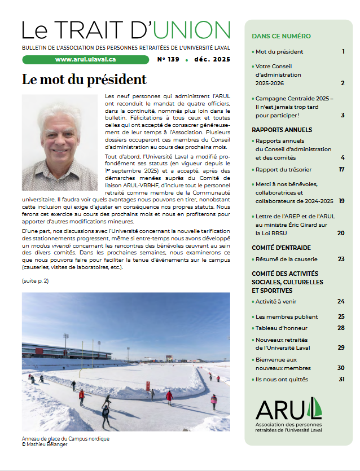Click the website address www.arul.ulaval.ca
86,59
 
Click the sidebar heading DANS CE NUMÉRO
281,36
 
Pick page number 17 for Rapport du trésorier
341,169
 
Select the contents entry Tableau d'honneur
279,328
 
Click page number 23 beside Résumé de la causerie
341,259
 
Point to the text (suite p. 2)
36,280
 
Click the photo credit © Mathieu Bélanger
47,444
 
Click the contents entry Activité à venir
276,301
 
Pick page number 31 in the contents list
341,379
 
